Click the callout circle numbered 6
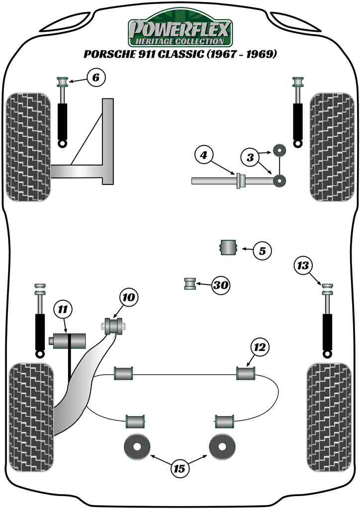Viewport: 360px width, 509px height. pyautogui.click(x=96, y=77)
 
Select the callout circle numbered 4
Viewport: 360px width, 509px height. pyautogui.click(x=203, y=156)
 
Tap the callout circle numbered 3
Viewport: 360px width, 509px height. pyautogui.click(x=251, y=158)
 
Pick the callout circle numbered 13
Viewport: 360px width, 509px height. pyautogui.click(x=303, y=265)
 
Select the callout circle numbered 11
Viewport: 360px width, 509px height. pyautogui.click(x=62, y=310)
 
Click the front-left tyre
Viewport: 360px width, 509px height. pyautogui.click(x=28, y=147)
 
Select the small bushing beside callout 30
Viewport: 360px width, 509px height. pyautogui.click(x=189, y=284)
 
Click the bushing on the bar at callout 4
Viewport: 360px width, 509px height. pyautogui.click(x=239, y=181)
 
